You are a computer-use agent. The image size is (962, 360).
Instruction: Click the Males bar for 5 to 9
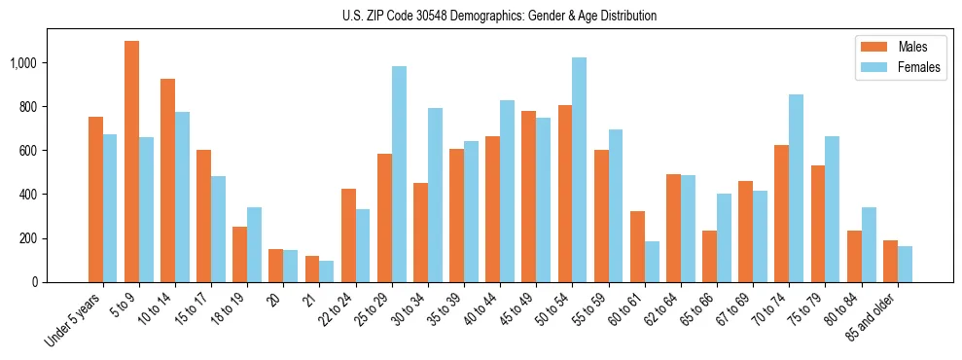coord(131,162)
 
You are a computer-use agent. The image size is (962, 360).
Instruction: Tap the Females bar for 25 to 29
coord(399,174)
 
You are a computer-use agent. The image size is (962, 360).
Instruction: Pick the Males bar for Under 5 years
coord(95,199)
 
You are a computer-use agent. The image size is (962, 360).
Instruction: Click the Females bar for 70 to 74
coord(796,188)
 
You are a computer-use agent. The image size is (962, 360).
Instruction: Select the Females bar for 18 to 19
coord(254,244)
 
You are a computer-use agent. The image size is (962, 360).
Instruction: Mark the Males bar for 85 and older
coord(890,261)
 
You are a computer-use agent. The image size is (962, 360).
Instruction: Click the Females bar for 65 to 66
coord(724,237)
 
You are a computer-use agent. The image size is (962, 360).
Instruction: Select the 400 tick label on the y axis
coord(30,195)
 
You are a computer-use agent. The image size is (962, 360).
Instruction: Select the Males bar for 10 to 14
coord(167,180)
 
